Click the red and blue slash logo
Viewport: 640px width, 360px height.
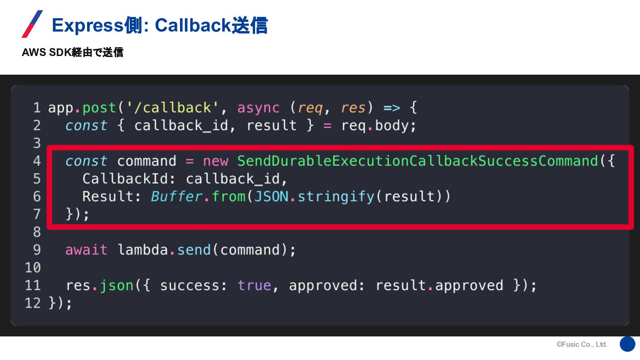(x=32, y=24)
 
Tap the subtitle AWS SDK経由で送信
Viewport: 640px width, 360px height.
(x=72, y=52)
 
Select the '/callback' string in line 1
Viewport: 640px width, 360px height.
(x=173, y=108)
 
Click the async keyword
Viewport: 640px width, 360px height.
(x=258, y=108)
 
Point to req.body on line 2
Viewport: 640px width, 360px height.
(x=379, y=125)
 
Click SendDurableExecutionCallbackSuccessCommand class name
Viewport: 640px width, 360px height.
(x=418, y=161)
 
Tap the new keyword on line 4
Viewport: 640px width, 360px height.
(x=216, y=161)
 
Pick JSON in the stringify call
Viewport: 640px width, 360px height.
(x=271, y=196)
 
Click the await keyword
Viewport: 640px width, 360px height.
(x=86, y=250)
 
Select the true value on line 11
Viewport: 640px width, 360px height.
(x=254, y=285)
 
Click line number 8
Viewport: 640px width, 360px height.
(x=37, y=232)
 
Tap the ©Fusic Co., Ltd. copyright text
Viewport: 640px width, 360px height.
(x=582, y=344)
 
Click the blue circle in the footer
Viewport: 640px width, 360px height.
(x=628, y=344)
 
